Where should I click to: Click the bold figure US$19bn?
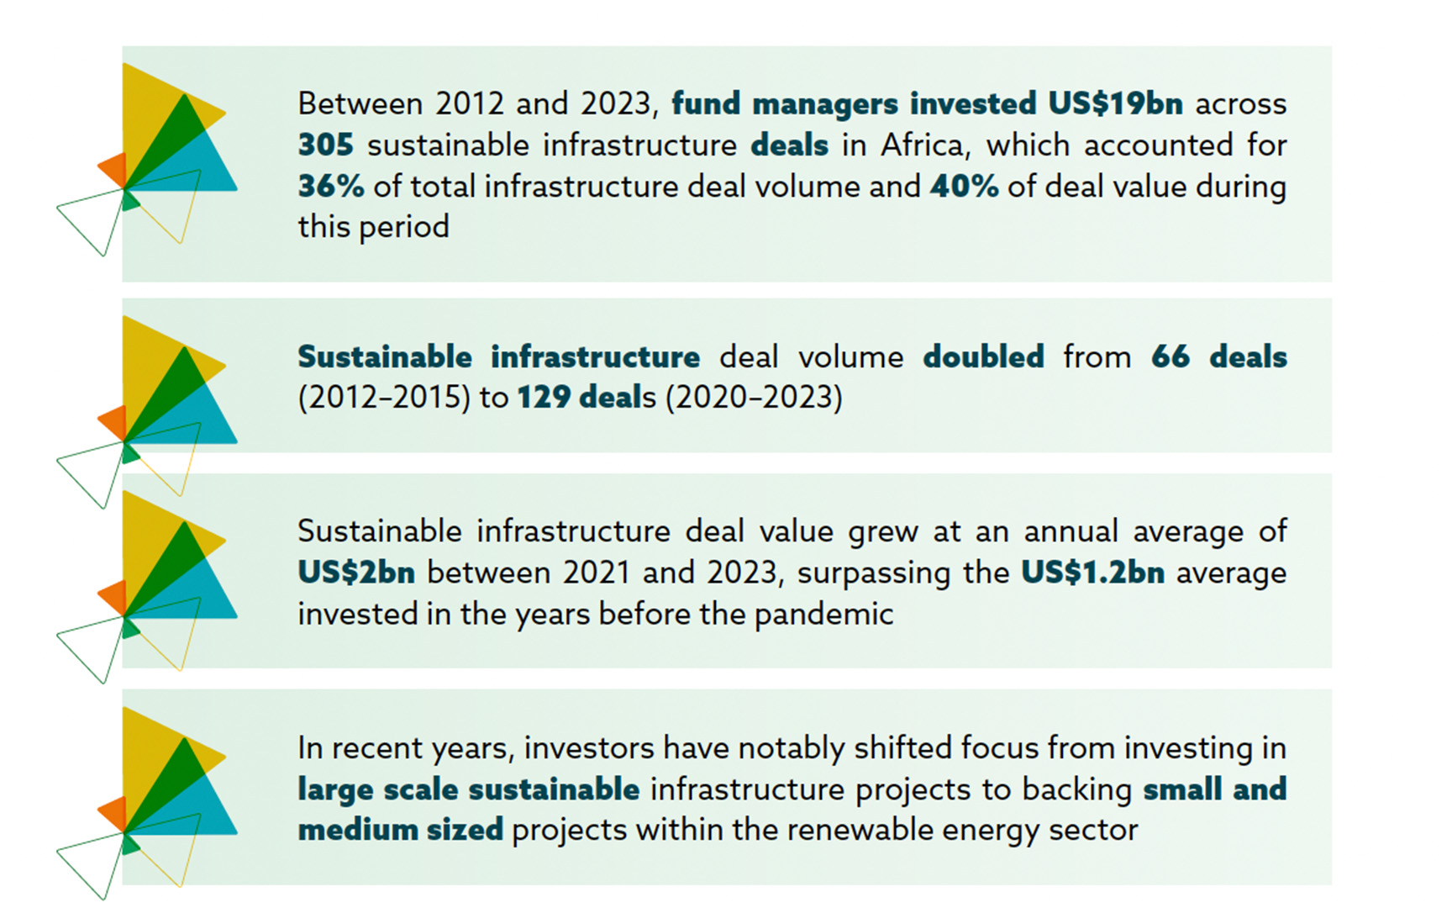pos(1115,103)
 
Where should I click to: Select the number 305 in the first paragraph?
pos(326,145)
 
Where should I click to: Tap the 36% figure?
pos(331,186)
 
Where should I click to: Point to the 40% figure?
pos(965,186)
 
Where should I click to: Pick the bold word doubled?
pos(983,356)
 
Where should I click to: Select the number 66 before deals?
pos(1171,356)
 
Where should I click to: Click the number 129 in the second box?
pos(543,397)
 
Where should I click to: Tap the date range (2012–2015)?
pos(384,397)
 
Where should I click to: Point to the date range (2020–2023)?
pos(754,397)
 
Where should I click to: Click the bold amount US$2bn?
pos(356,573)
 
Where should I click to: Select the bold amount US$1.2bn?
pos(1093,573)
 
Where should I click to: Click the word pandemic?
pos(823,615)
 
